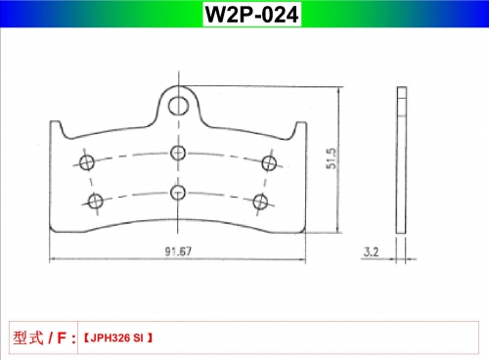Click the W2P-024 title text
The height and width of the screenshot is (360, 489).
[251, 15]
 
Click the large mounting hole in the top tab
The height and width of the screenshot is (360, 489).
[178, 106]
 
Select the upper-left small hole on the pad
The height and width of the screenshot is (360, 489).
[87, 162]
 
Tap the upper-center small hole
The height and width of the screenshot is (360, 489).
[178, 153]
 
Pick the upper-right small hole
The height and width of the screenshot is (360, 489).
[269, 163]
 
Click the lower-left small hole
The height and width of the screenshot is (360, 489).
[96, 201]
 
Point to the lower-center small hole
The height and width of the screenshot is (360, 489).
[178, 192]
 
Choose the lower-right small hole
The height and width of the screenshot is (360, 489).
[261, 202]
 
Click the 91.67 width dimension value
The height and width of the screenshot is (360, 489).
[178, 251]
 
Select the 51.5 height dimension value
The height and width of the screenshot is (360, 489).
[331, 158]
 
